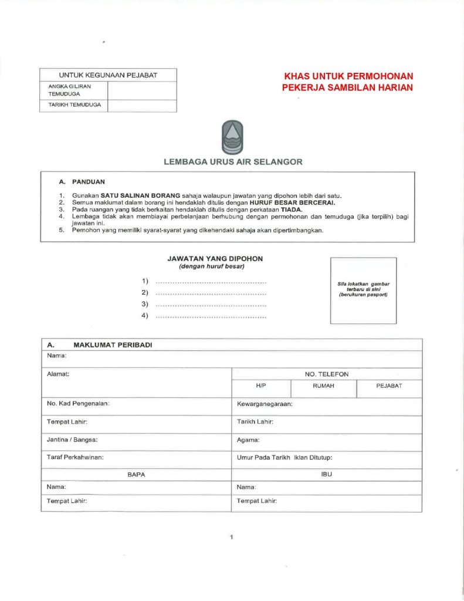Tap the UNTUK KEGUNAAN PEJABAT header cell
(x=108, y=75)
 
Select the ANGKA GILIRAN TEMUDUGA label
(x=65, y=90)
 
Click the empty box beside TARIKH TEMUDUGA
(x=142, y=106)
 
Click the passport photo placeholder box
(x=363, y=290)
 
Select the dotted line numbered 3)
(x=211, y=305)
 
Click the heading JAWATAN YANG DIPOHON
(x=215, y=258)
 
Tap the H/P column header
(x=261, y=386)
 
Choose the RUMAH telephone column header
(x=323, y=386)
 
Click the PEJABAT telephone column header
(x=389, y=386)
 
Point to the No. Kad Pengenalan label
(x=79, y=404)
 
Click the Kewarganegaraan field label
(x=265, y=404)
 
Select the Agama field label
(x=248, y=439)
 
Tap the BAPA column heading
(x=136, y=474)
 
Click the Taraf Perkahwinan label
(x=75, y=457)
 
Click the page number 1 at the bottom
(x=232, y=537)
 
